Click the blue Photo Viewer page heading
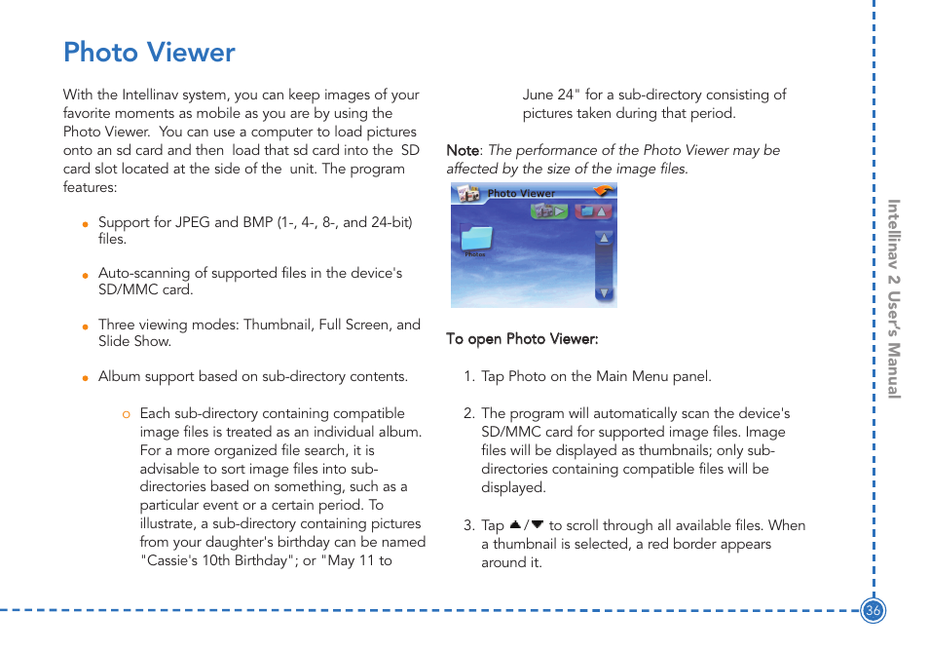(x=149, y=53)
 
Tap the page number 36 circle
(x=873, y=611)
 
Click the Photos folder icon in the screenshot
(x=476, y=239)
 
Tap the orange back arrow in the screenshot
(x=603, y=192)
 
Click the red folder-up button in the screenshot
(x=593, y=211)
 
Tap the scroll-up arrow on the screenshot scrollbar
(x=604, y=238)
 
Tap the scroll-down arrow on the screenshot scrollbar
(x=604, y=293)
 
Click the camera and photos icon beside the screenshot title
(x=468, y=194)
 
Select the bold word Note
(x=463, y=151)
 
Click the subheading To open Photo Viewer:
(x=522, y=339)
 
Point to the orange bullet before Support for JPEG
(x=86, y=225)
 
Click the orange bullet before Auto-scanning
(x=86, y=276)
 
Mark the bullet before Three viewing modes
(x=86, y=327)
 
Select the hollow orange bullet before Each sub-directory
(x=126, y=415)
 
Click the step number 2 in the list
(x=467, y=414)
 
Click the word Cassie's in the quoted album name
(x=169, y=560)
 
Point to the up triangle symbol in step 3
(x=515, y=525)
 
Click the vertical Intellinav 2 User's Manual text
(x=893, y=299)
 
